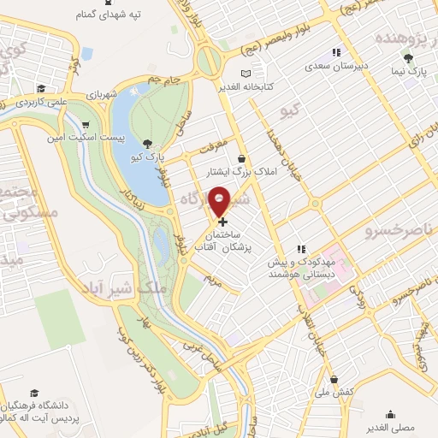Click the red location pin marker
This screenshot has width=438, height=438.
(220, 202)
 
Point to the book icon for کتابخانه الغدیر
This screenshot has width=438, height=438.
(247, 74)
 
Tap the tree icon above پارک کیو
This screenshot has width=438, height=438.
(150, 143)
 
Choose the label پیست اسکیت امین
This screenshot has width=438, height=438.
(121, 137)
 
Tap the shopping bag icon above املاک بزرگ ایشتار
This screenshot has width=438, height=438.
(241, 158)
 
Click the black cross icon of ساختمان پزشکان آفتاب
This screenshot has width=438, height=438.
(224, 222)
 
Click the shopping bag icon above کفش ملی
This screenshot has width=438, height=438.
(334, 378)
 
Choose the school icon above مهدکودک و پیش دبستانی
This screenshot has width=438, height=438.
(299, 248)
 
